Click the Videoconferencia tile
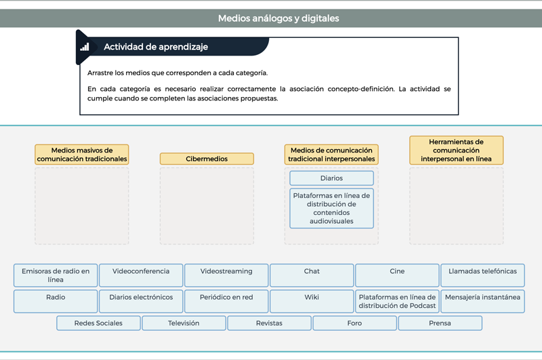(x=141, y=275)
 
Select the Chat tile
(x=312, y=275)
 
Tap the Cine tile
(x=397, y=275)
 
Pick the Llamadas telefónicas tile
(x=482, y=275)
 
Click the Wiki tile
(x=312, y=301)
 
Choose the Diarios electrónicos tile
(x=141, y=301)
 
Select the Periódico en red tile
(x=226, y=301)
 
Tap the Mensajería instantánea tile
(x=482, y=301)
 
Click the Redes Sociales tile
(x=98, y=323)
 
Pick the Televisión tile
(x=184, y=323)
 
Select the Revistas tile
(x=269, y=323)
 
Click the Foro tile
(x=354, y=323)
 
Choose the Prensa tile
(x=440, y=323)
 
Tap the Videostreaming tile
(x=226, y=275)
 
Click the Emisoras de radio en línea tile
(x=56, y=275)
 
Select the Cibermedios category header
(x=207, y=159)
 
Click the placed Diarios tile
(x=331, y=178)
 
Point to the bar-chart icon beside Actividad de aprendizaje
(x=85, y=47)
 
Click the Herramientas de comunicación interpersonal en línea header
(x=456, y=150)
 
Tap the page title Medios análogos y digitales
(x=278, y=18)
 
